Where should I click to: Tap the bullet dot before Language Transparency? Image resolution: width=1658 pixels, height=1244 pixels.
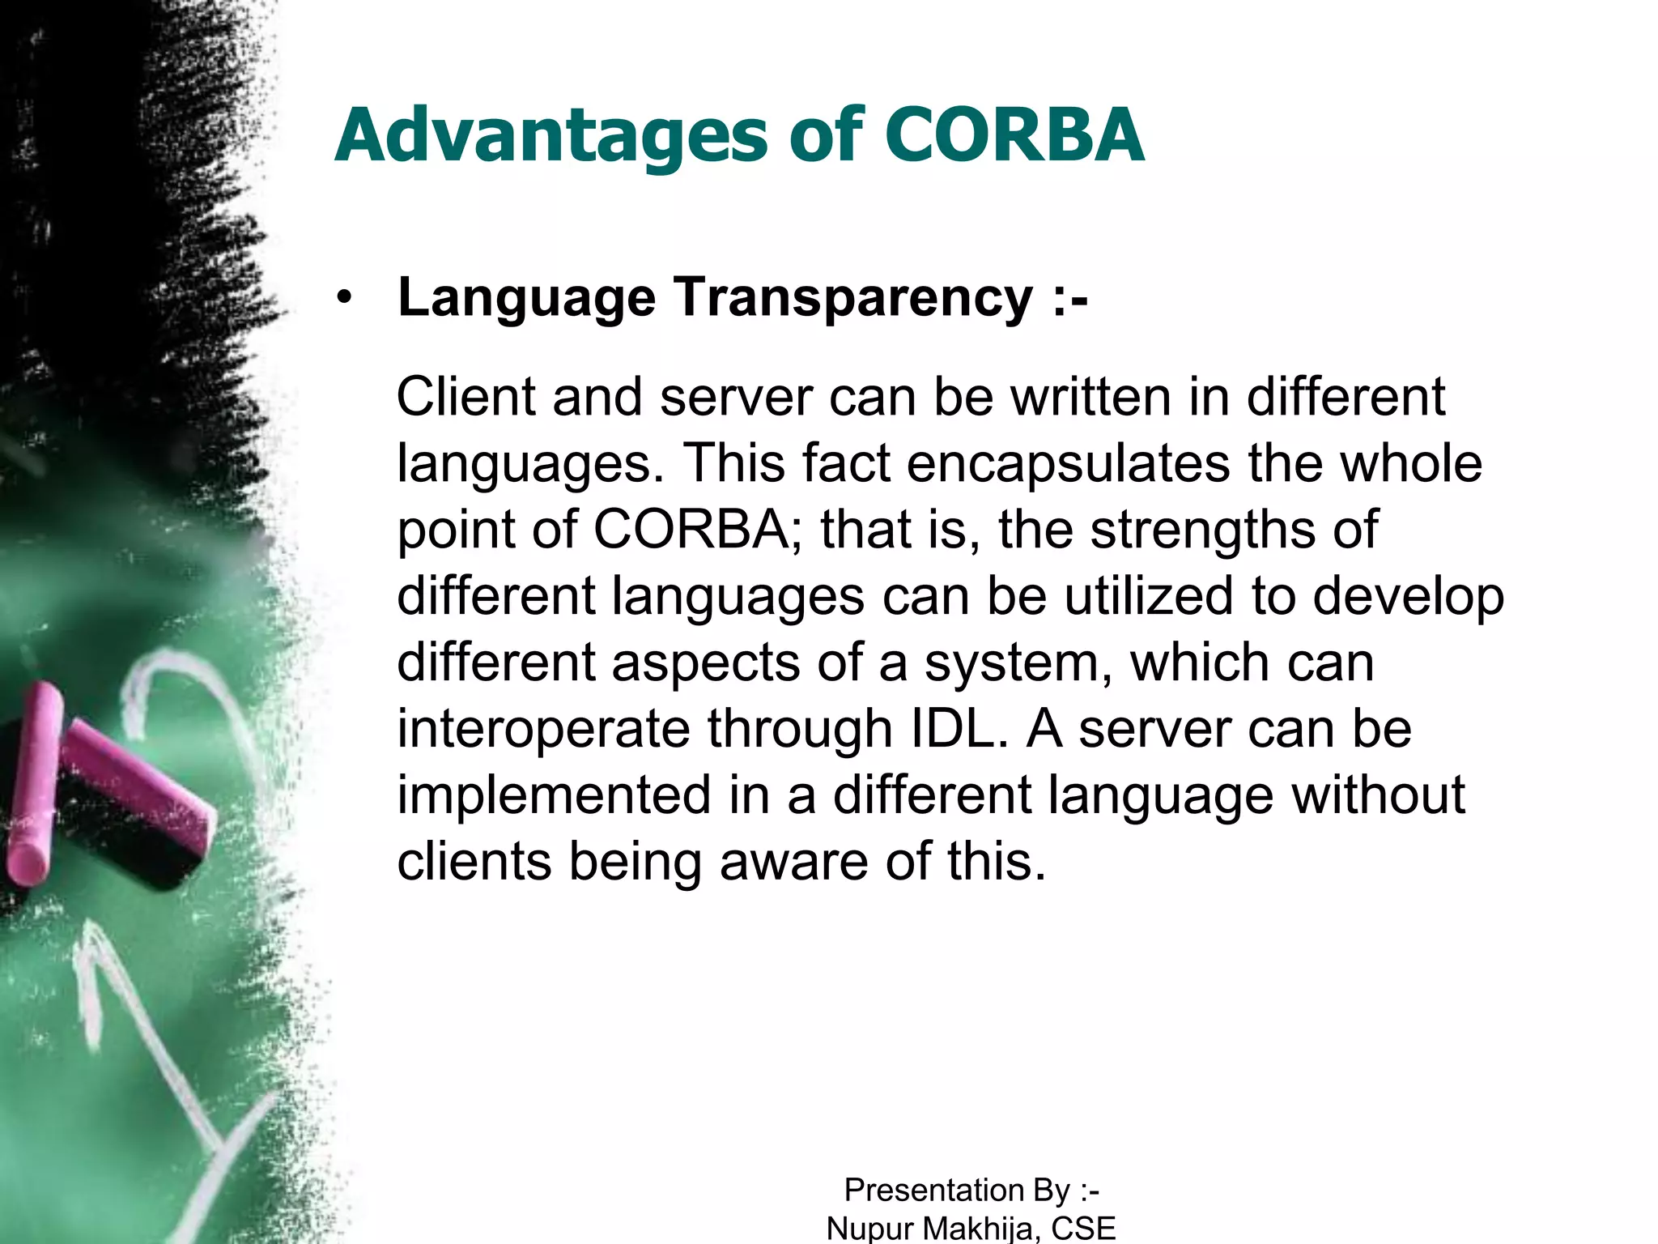(346, 298)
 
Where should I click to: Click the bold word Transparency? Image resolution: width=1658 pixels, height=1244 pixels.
(853, 300)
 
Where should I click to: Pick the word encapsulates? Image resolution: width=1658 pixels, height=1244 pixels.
(1068, 463)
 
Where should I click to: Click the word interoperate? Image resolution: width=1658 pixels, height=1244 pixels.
(542, 730)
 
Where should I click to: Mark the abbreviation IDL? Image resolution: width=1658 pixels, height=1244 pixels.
(952, 728)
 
